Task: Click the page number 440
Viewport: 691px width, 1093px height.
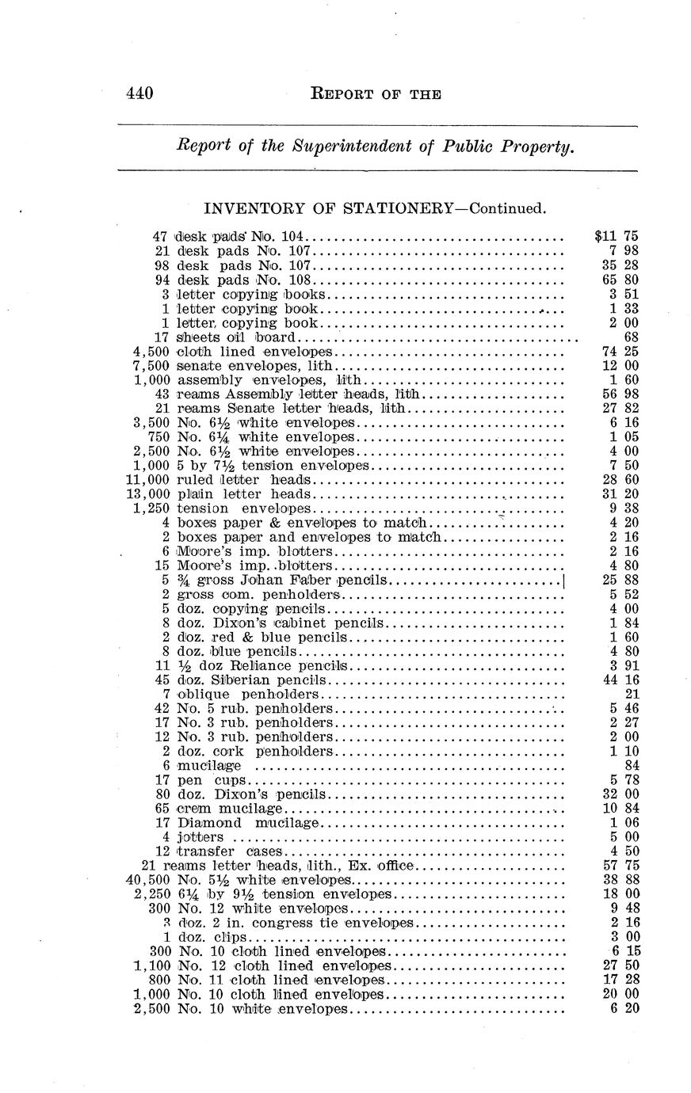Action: [139, 93]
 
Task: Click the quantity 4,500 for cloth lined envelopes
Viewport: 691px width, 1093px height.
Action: [150, 351]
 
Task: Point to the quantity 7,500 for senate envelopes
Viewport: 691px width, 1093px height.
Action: [150, 365]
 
